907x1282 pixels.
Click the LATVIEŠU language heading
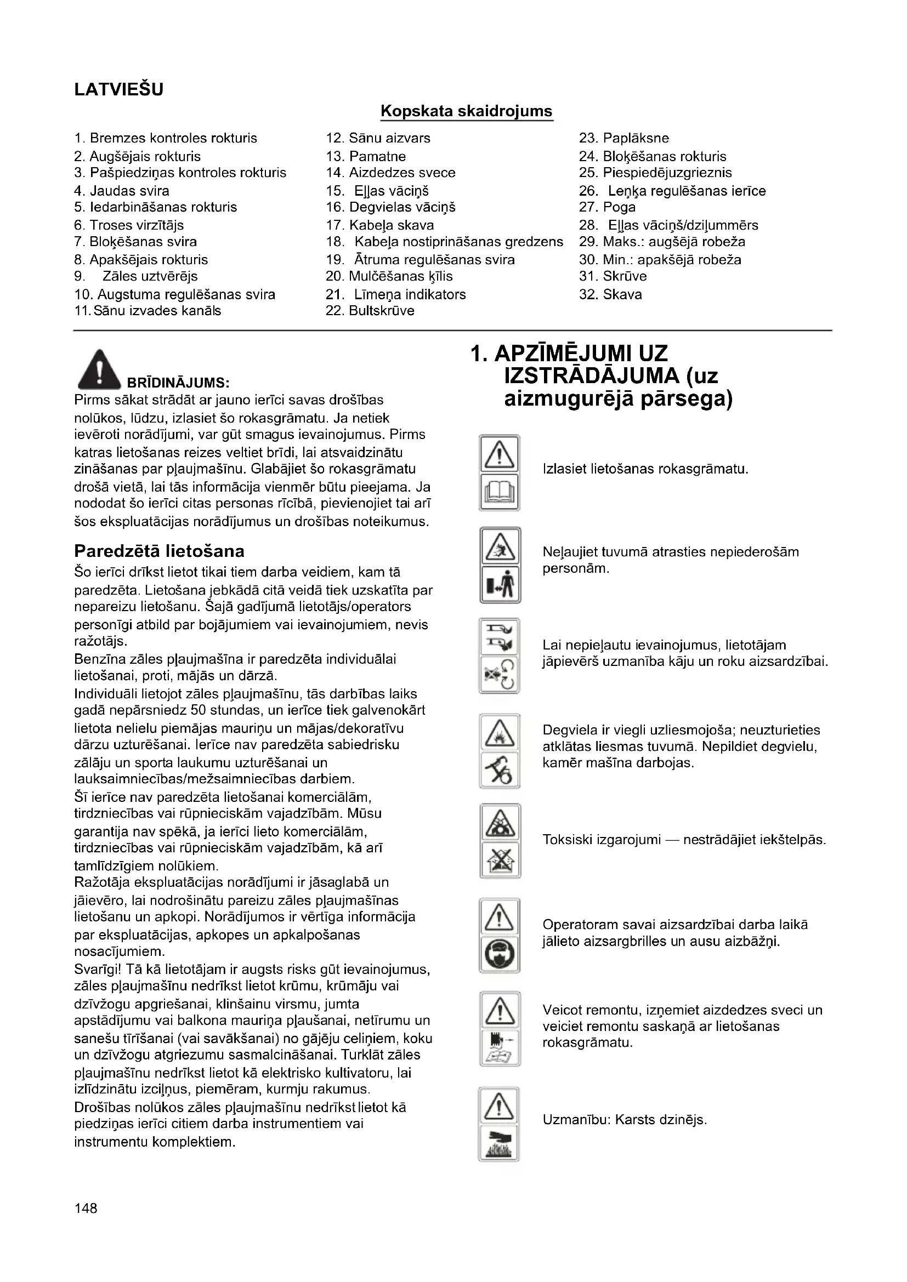pos(118,89)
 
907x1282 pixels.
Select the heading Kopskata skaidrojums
pos(466,111)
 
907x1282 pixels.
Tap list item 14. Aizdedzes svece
pos(390,173)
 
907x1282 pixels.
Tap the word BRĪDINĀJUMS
pos(178,383)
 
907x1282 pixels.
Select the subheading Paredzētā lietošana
pos(159,551)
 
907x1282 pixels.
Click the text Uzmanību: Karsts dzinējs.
pos(625,1120)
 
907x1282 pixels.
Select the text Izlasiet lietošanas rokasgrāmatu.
pos(645,469)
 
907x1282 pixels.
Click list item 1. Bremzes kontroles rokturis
pos(166,139)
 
